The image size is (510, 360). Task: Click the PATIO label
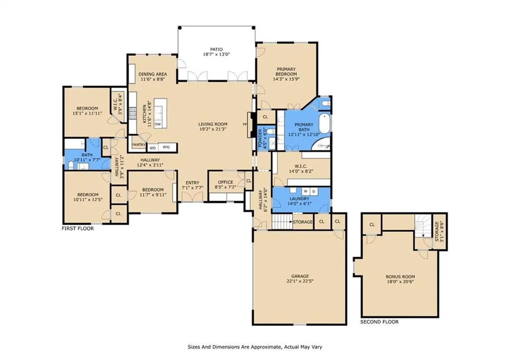tap(216, 49)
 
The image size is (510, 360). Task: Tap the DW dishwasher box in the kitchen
tap(158, 124)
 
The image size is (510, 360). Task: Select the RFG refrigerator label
tap(166, 147)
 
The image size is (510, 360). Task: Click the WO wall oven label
tap(152, 148)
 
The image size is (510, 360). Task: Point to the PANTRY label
tap(138, 145)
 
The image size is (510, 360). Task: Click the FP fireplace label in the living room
tap(245, 124)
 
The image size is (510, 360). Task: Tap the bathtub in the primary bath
tap(324, 123)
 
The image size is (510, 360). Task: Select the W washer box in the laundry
tap(306, 191)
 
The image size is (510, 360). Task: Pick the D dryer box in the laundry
tap(314, 191)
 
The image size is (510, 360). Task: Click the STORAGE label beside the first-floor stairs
tap(303, 222)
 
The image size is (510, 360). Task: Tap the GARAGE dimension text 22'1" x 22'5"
tap(300, 281)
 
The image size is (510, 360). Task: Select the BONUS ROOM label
tap(400, 277)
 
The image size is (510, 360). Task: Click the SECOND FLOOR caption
tap(379, 322)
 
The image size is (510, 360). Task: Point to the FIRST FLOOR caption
tap(78, 229)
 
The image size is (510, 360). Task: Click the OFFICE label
tap(226, 182)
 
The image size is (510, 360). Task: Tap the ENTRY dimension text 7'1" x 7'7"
tap(192, 188)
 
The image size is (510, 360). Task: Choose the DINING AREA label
tap(152, 74)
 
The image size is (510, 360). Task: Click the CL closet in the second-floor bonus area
tap(372, 225)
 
